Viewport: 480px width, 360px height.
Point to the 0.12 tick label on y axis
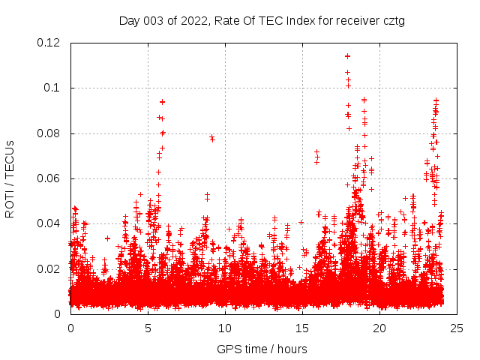click(49, 43)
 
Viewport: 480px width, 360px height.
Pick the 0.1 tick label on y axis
click(52, 88)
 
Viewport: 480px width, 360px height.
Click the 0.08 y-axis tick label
click(49, 133)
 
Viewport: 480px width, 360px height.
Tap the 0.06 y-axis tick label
click(49, 178)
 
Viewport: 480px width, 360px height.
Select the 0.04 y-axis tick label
click(49, 223)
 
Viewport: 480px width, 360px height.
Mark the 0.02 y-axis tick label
click(49, 268)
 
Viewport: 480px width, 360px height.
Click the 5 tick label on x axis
click(148, 328)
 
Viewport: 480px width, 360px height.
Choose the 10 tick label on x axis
click(225, 328)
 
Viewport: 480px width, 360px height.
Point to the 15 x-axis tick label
click(302, 328)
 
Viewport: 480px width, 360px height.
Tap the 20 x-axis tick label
click(379, 328)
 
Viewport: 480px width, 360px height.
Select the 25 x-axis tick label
click(457, 328)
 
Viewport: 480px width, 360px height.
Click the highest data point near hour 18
click(347, 56)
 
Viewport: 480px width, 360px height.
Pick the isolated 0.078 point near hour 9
click(212, 138)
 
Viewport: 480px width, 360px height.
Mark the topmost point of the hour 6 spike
click(162, 101)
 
